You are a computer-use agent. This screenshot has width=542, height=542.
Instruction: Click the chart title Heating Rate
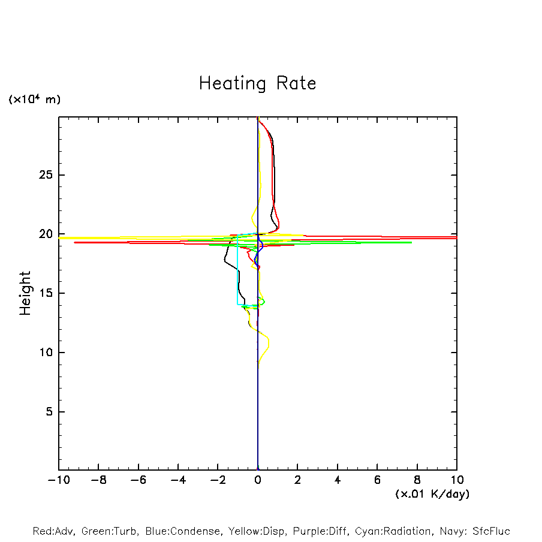pos(257,83)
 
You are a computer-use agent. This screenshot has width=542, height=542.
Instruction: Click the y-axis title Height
pos(25,293)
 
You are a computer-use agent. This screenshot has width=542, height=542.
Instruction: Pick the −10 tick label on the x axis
pos(58,480)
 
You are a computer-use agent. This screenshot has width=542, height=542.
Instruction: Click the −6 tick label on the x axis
pos(138,480)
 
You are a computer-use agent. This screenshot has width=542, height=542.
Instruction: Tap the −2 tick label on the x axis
pos(218,480)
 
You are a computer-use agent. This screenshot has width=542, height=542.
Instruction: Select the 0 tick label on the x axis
pos(258,480)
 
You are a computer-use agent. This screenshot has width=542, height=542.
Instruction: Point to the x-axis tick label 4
pos(338,480)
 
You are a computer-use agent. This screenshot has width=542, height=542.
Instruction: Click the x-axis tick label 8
pos(417,480)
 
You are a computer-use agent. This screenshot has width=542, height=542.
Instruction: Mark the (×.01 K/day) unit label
pos(432,494)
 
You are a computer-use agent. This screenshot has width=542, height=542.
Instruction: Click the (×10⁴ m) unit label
pos(35,100)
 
